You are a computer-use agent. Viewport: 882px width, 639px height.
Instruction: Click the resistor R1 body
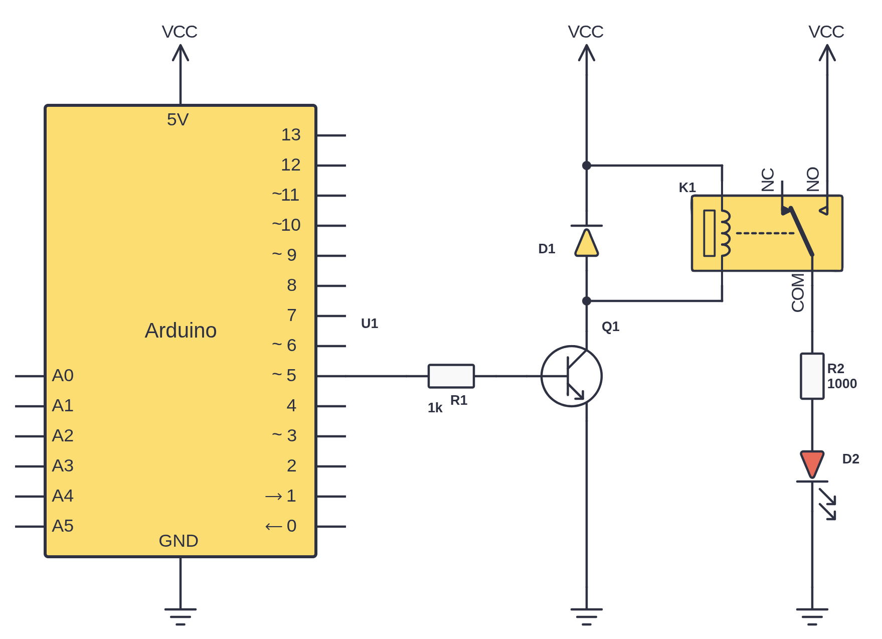451,376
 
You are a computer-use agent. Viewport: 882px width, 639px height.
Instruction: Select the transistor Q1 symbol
572,376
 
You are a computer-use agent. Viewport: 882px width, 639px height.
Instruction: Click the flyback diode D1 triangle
586,243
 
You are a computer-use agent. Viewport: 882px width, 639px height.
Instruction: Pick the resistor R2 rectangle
812,376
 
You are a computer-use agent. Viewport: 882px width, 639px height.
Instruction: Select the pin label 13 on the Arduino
291,135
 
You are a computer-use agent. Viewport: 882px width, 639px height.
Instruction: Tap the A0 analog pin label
63,376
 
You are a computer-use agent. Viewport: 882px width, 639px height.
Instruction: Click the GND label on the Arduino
179,541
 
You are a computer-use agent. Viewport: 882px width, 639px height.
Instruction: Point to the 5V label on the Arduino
178,120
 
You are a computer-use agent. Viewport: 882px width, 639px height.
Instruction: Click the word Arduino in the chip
181,331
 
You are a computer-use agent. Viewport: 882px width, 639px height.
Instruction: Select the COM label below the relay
798,292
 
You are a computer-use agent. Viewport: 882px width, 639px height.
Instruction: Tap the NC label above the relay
768,180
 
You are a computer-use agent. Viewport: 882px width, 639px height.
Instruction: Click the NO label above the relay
813,180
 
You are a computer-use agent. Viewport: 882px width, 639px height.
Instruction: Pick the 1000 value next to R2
842,384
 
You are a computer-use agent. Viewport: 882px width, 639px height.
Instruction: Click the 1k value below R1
435,408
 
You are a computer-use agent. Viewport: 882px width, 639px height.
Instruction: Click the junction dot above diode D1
586,166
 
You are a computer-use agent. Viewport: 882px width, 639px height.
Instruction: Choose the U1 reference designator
370,324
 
